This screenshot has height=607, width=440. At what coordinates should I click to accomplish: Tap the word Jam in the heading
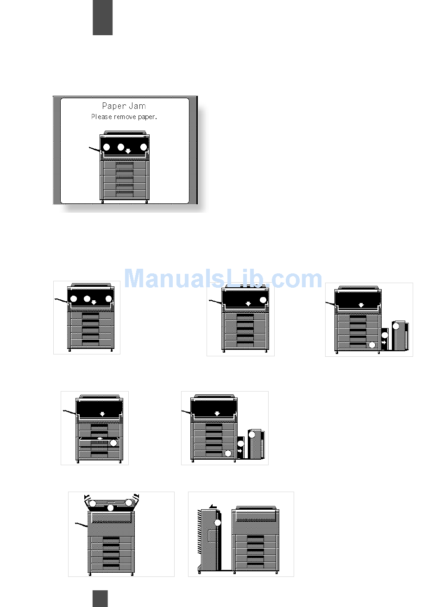[x=137, y=107]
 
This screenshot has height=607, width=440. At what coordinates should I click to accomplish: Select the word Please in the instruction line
[x=101, y=117]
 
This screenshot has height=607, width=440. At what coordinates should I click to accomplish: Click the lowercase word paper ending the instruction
[x=147, y=117]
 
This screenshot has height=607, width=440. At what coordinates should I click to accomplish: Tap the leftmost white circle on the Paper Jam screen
[x=107, y=147]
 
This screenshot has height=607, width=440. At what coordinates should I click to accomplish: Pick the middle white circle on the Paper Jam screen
[x=121, y=147]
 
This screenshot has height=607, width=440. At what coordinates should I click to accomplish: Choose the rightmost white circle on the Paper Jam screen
[x=144, y=147]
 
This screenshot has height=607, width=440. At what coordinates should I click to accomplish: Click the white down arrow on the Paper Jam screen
[x=128, y=151]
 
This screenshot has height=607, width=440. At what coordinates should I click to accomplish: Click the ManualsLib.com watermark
[x=223, y=279]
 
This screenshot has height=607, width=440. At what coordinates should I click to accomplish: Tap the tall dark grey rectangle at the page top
[x=102, y=18]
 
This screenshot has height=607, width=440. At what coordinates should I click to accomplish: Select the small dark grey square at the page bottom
[x=100, y=598]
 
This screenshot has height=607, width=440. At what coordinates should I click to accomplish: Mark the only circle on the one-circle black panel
[x=263, y=300]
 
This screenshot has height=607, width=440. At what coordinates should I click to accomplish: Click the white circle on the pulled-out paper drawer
[x=113, y=443]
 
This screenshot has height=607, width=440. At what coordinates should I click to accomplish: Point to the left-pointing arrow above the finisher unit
[x=213, y=506]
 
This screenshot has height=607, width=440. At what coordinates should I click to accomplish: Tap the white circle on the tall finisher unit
[x=218, y=523]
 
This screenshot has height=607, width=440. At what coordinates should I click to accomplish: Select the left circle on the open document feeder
[x=92, y=503]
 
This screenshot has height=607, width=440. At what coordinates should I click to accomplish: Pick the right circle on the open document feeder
[x=129, y=502]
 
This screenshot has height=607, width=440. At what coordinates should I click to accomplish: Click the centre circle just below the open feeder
[x=110, y=508]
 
